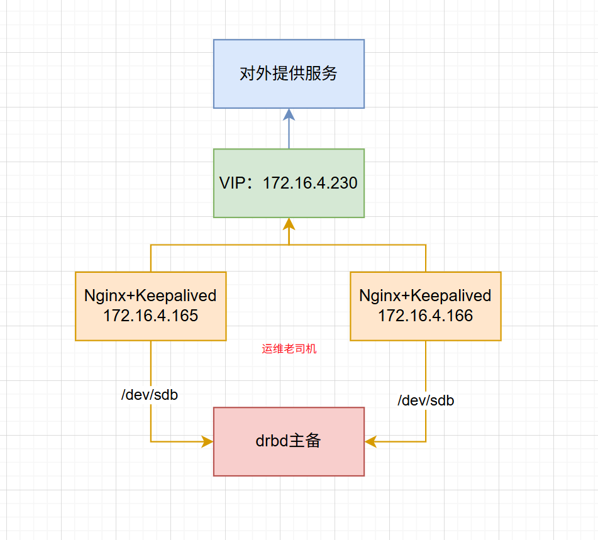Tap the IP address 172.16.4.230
[x=310, y=183]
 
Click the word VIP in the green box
[x=233, y=183]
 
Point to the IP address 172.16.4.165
[x=150, y=316]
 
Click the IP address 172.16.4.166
[x=425, y=316]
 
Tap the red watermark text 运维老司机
[x=289, y=349]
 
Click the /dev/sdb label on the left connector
[x=150, y=395]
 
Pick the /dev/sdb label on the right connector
[x=426, y=400]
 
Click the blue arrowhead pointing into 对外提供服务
[x=289, y=114]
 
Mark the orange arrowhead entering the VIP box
[x=289, y=224]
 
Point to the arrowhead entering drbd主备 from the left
[x=207, y=441]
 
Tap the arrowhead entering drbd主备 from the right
[x=371, y=441]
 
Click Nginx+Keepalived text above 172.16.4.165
[x=150, y=295]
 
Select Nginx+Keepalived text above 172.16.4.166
[x=425, y=295]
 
